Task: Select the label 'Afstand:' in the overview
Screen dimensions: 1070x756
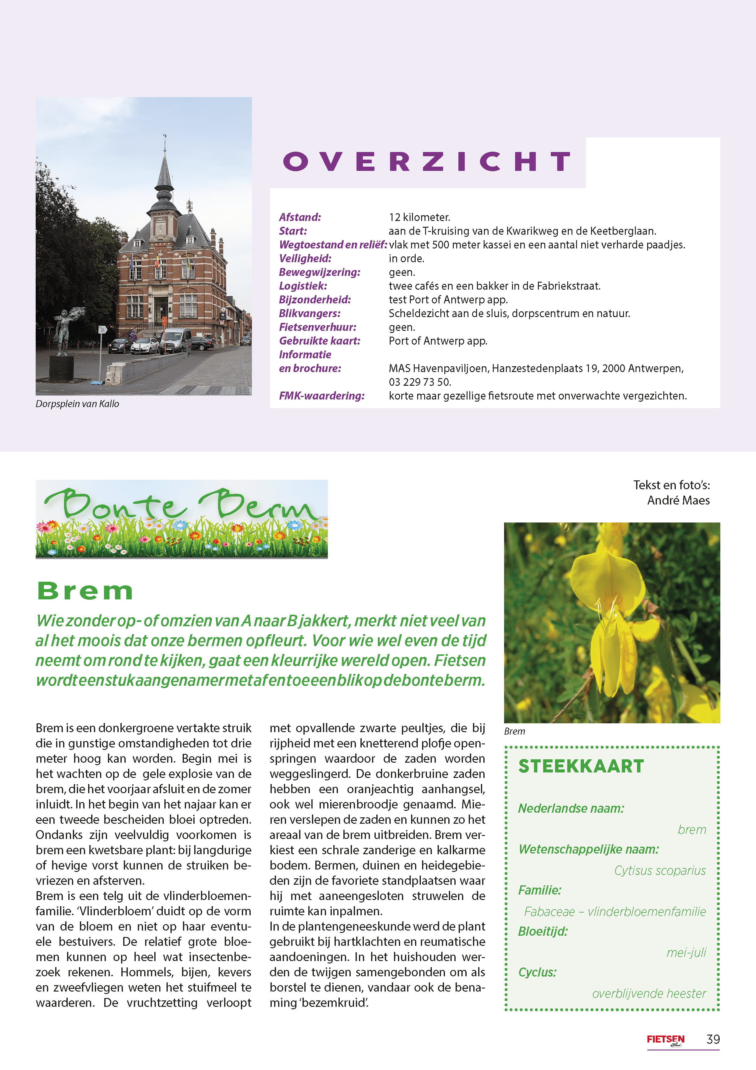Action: click(x=300, y=217)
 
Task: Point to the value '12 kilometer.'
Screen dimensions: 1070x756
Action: click(x=419, y=217)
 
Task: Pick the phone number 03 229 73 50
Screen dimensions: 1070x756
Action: click(x=420, y=382)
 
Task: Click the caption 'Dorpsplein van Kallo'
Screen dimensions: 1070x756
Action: click(x=77, y=404)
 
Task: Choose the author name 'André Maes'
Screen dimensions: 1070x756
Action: click(x=678, y=501)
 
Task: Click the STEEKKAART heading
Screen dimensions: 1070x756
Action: click(x=581, y=766)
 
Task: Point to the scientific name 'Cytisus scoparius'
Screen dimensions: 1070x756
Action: click(x=660, y=870)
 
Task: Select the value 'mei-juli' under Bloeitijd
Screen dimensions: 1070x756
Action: click(x=686, y=953)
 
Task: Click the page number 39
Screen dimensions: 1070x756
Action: click(x=713, y=1039)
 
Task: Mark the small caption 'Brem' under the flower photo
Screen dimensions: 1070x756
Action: click(x=514, y=731)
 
